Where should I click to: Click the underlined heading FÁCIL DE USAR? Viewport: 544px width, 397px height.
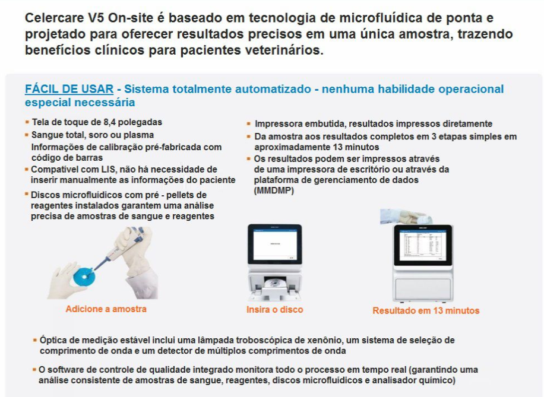pyautogui.click(x=69, y=90)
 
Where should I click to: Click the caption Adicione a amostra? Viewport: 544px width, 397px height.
pyautogui.click(x=106, y=309)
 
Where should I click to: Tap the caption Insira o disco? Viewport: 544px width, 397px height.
pyautogui.click(x=274, y=310)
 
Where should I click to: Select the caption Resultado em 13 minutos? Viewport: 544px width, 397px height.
pyautogui.click(x=425, y=310)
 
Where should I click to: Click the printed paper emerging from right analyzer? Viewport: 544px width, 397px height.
pyautogui.click(x=407, y=217)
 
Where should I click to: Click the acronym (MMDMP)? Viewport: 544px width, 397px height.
pyautogui.click(x=274, y=190)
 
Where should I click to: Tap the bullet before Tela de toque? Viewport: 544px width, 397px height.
pyautogui.click(x=27, y=122)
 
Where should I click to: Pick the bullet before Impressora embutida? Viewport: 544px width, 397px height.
pyautogui.click(x=249, y=124)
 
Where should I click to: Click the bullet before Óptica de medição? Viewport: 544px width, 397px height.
pyautogui.click(x=35, y=340)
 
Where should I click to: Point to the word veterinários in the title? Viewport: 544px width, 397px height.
pyautogui.click(x=285, y=50)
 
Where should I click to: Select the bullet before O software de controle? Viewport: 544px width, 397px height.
pyautogui.click(x=35, y=370)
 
